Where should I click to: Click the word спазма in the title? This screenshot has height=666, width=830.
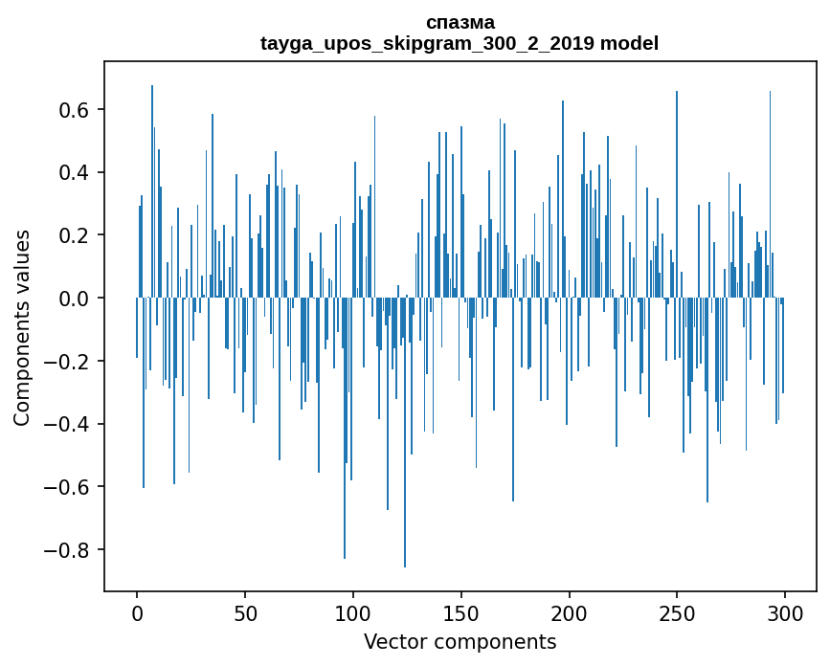click(460, 22)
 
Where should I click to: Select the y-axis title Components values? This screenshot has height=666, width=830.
click(22, 327)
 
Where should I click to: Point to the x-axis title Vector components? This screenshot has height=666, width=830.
click(460, 641)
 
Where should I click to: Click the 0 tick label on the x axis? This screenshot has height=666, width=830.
click(137, 612)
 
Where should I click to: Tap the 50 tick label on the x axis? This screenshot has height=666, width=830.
click(245, 612)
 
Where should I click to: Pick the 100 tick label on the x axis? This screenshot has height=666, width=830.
click(353, 612)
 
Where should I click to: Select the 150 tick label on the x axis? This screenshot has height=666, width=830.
click(461, 612)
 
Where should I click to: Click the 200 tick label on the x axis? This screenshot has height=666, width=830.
click(570, 612)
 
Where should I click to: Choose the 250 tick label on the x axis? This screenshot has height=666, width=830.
click(677, 612)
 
